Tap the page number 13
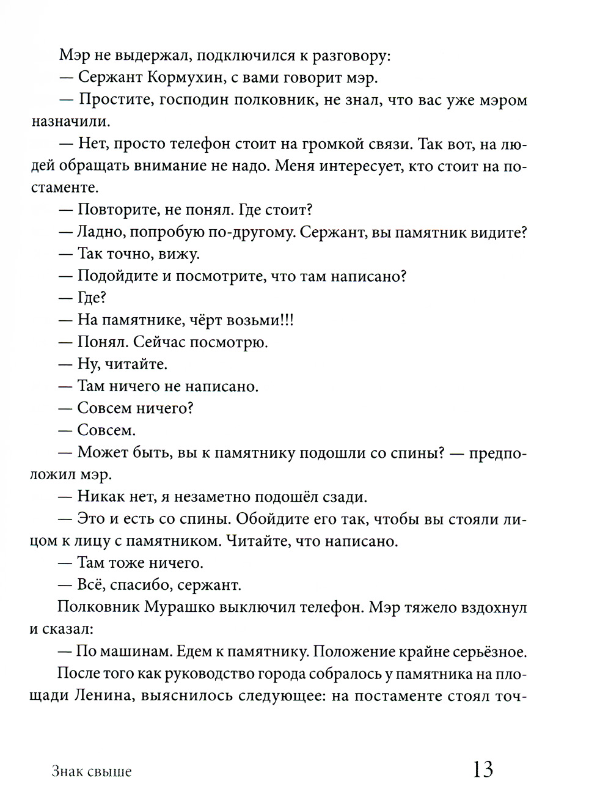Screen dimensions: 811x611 click(483, 769)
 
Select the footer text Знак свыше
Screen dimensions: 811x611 click(92, 771)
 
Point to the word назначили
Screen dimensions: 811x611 click(70, 122)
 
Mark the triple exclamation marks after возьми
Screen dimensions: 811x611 click(287, 320)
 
